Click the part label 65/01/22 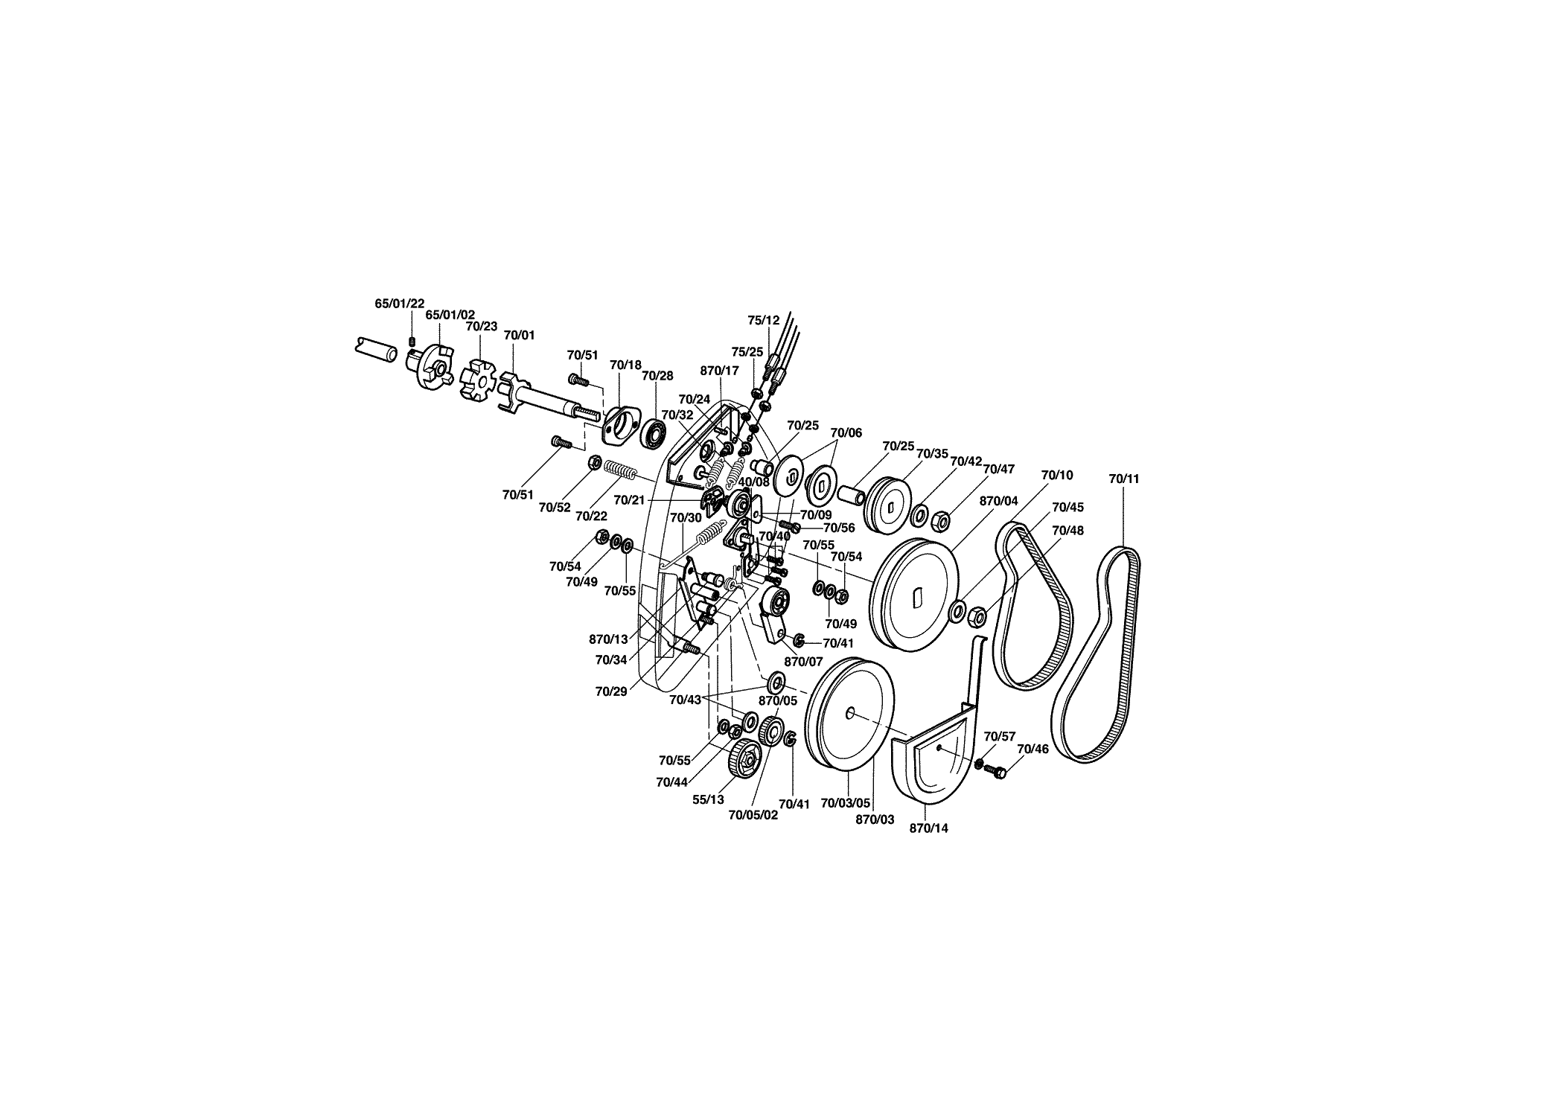coord(399,304)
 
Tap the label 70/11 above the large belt coord(1123,479)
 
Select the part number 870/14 coord(929,828)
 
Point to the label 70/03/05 coord(845,804)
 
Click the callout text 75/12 coord(764,320)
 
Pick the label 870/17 coord(720,371)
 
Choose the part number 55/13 coord(708,799)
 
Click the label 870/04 coord(998,502)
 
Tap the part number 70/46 coord(1033,749)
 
